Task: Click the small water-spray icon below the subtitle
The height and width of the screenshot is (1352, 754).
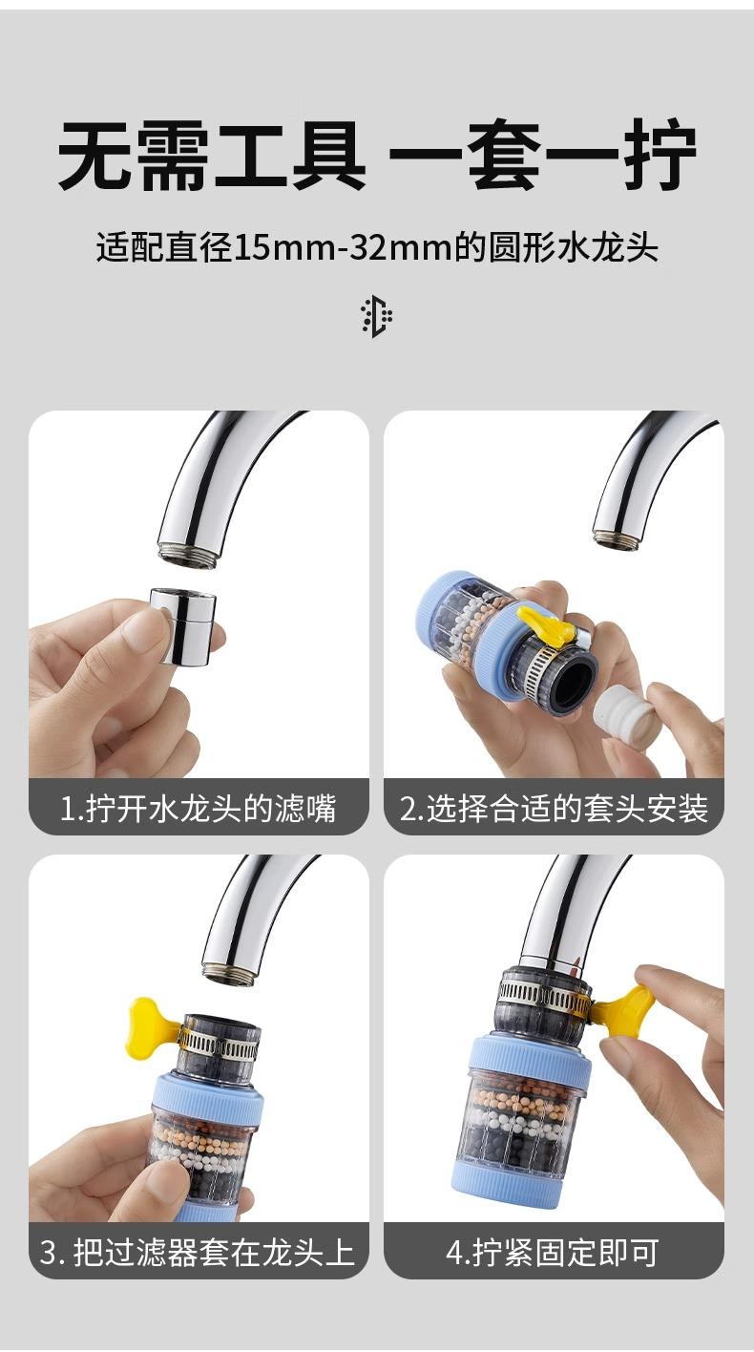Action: click(x=377, y=316)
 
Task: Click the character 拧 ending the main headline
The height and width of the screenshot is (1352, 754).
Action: click(x=660, y=155)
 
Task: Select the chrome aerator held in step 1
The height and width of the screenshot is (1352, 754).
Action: click(x=183, y=626)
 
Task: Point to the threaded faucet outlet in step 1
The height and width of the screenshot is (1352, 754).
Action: click(x=187, y=554)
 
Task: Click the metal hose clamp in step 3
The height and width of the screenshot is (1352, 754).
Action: click(x=219, y=1044)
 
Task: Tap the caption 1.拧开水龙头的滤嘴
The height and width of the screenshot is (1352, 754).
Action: click(x=198, y=808)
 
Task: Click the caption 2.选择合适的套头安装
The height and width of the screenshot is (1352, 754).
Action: click(x=554, y=808)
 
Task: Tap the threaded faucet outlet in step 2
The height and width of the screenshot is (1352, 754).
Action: click(x=620, y=540)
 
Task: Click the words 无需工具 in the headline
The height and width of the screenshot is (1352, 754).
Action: click(x=212, y=155)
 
